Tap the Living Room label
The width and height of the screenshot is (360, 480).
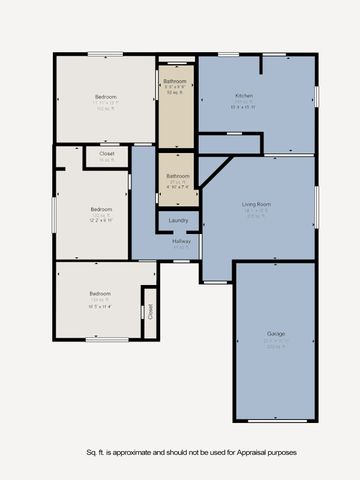(x=257, y=204)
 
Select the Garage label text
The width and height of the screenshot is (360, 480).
(x=276, y=333)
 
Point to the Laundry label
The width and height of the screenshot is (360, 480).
(x=179, y=220)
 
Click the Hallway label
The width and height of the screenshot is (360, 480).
(x=181, y=241)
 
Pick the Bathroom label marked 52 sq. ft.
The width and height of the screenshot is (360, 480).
(x=176, y=80)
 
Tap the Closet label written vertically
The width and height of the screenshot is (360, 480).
(x=150, y=311)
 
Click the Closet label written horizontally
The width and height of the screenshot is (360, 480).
(x=107, y=154)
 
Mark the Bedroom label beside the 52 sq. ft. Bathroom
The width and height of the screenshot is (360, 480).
(x=106, y=96)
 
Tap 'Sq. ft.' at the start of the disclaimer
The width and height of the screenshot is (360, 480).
(x=96, y=452)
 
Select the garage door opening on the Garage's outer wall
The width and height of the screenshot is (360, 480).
(x=276, y=421)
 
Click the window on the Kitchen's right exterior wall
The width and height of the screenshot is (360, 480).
(x=316, y=96)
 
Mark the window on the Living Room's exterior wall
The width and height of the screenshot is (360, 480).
(x=316, y=205)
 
